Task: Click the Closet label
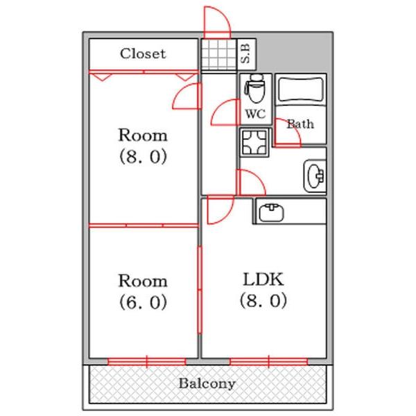[x=143, y=53]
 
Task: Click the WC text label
[x=254, y=113]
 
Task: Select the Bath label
[x=300, y=124]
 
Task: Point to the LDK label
[x=263, y=280]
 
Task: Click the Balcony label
[x=207, y=383]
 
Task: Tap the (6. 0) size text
[x=143, y=303]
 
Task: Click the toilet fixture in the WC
[x=254, y=89]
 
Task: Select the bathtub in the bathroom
[x=301, y=89]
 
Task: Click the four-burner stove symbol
[x=254, y=143]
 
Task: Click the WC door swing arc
[x=223, y=112]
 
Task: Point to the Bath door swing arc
[x=286, y=132]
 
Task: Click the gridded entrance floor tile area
[x=218, y=54]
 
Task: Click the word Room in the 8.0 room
[x=143, y=134]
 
